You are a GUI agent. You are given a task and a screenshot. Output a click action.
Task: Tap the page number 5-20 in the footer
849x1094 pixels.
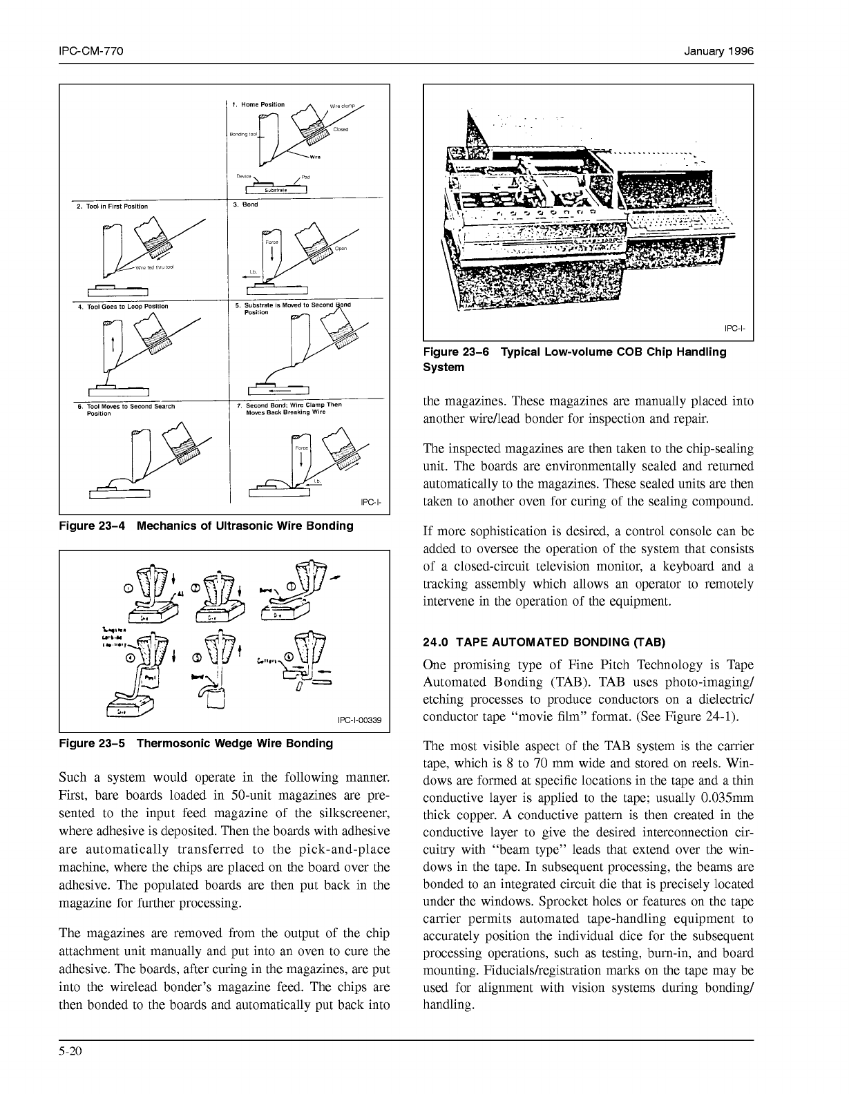(x=71, y=1052)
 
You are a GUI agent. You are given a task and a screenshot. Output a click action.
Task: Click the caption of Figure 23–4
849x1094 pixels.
(x=207, y=526)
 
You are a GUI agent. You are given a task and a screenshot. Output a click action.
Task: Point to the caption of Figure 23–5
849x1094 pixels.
(x=196, y=744)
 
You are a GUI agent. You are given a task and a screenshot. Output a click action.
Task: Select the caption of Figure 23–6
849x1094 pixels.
(x=574, y=359)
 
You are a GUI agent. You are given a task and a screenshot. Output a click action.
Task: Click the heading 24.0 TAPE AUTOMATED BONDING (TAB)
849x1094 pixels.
(x=544, y=642)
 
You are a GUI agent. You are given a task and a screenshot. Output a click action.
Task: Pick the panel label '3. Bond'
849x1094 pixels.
(x=245, y=204)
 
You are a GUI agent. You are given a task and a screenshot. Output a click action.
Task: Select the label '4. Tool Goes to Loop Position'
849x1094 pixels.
(x=122, y=306)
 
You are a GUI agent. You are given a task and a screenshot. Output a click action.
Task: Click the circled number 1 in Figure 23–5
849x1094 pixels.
(x=128, y=588)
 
